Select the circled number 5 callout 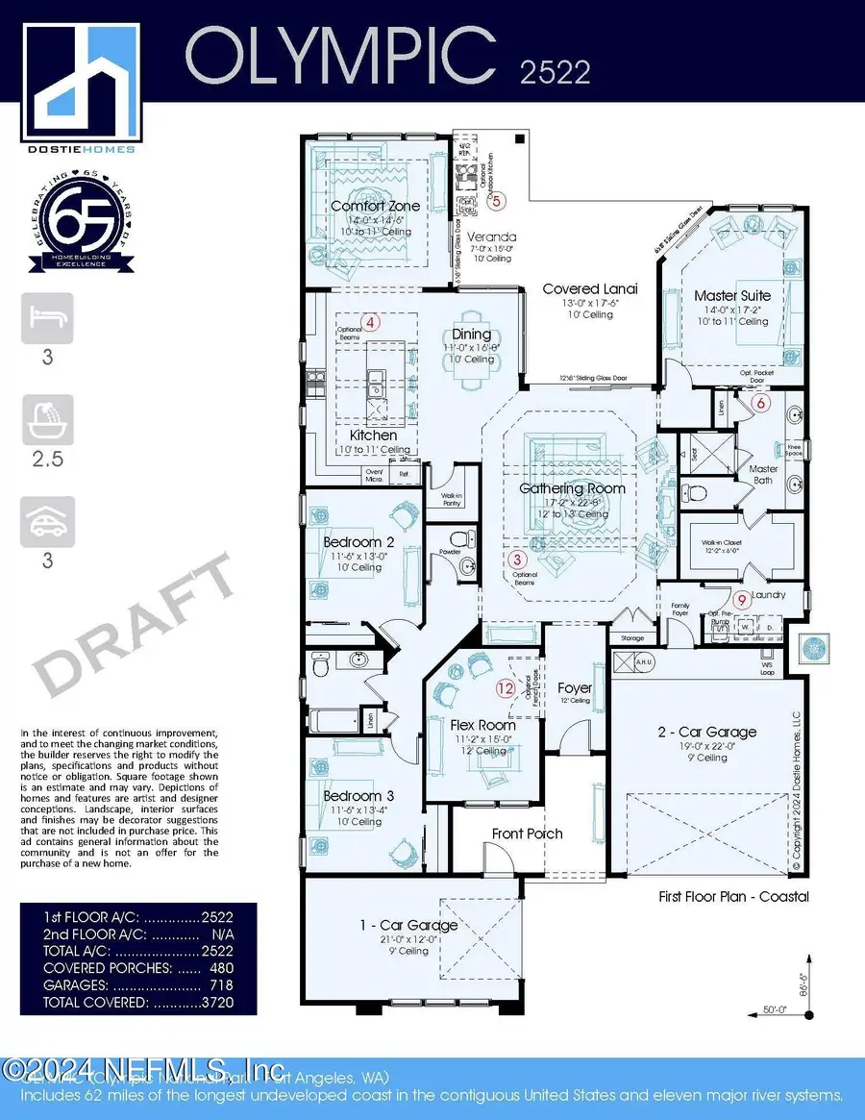tap(495, 201)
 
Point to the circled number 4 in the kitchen tap(368, 322)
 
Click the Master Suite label tap(732, 296)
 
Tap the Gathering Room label tap(572, 488)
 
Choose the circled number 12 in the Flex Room tap(506, 687)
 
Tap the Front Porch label tap(527, 834)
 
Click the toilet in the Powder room tap(459, 537)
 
